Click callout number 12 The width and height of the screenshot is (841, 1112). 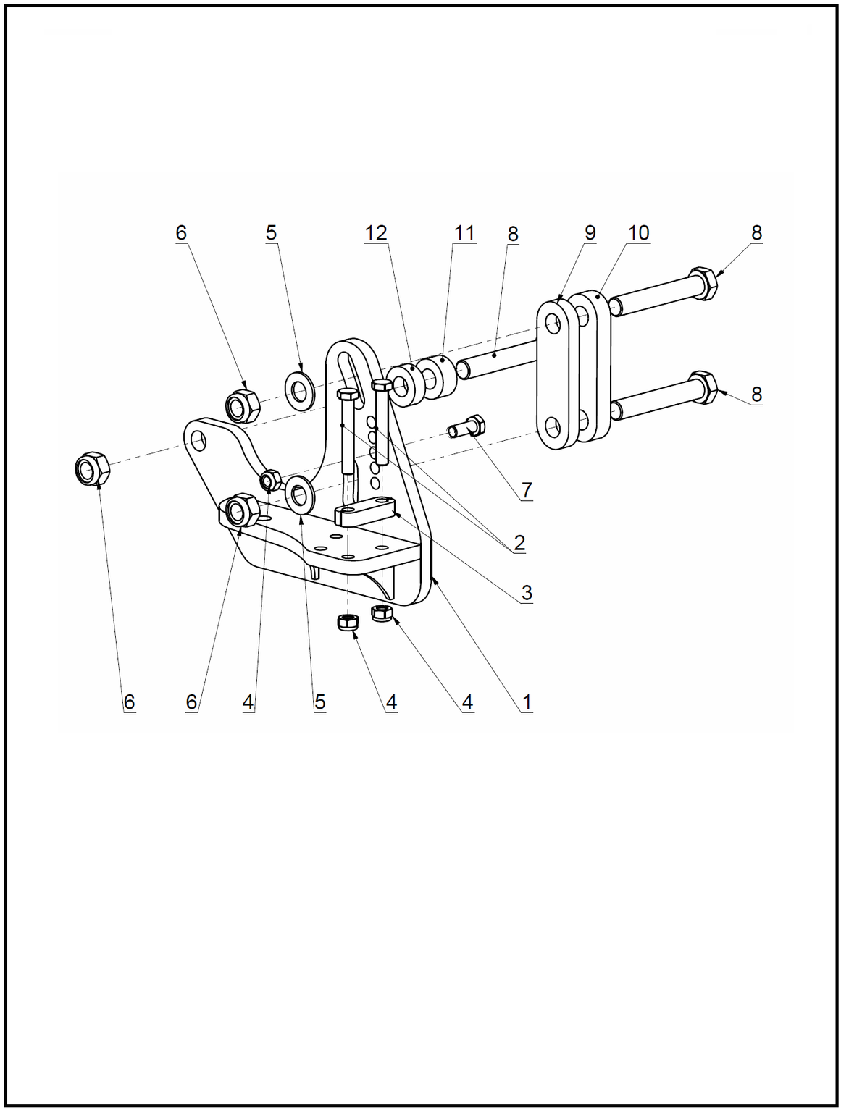click(376, 233)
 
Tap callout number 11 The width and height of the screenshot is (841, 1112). click(464, 233)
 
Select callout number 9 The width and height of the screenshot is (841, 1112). click(590, 233)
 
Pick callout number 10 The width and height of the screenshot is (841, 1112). click(638, 233)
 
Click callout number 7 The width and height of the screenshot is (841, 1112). click(527, 490)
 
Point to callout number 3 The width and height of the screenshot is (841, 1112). click(527, 592)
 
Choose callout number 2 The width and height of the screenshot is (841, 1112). click(519, 543)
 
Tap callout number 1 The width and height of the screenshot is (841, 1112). click(527, 702)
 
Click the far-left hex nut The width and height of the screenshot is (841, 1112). click(92, 468)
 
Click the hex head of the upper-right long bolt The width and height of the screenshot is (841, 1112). click(703, 283)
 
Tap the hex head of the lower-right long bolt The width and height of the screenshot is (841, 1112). click(703, 387)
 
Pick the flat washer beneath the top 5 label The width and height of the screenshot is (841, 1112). click(300, 391)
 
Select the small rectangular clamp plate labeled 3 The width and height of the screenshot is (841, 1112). click(364, 510)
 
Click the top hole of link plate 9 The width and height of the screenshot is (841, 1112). click(553, 324)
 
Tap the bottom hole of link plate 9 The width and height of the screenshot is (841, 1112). click(553, 428)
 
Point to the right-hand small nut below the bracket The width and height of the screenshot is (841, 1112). click(382, 613)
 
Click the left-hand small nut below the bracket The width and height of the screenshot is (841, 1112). click(348, 622)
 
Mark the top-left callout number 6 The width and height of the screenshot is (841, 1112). click(181, 233)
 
